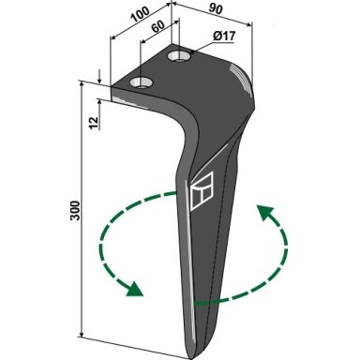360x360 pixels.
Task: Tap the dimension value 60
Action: point(158,26)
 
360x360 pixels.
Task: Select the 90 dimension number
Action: point(216,9)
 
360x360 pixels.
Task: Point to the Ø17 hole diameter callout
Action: point(224,37)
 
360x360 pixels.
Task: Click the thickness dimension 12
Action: point(94,123)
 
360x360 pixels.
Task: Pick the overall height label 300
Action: point(75,210)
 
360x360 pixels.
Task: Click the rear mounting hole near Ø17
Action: point(181,56)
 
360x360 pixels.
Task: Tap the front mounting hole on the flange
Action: point(142,82)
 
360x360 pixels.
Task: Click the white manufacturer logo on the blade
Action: point(202,190)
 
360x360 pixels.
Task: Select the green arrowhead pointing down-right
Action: point(134,289)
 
